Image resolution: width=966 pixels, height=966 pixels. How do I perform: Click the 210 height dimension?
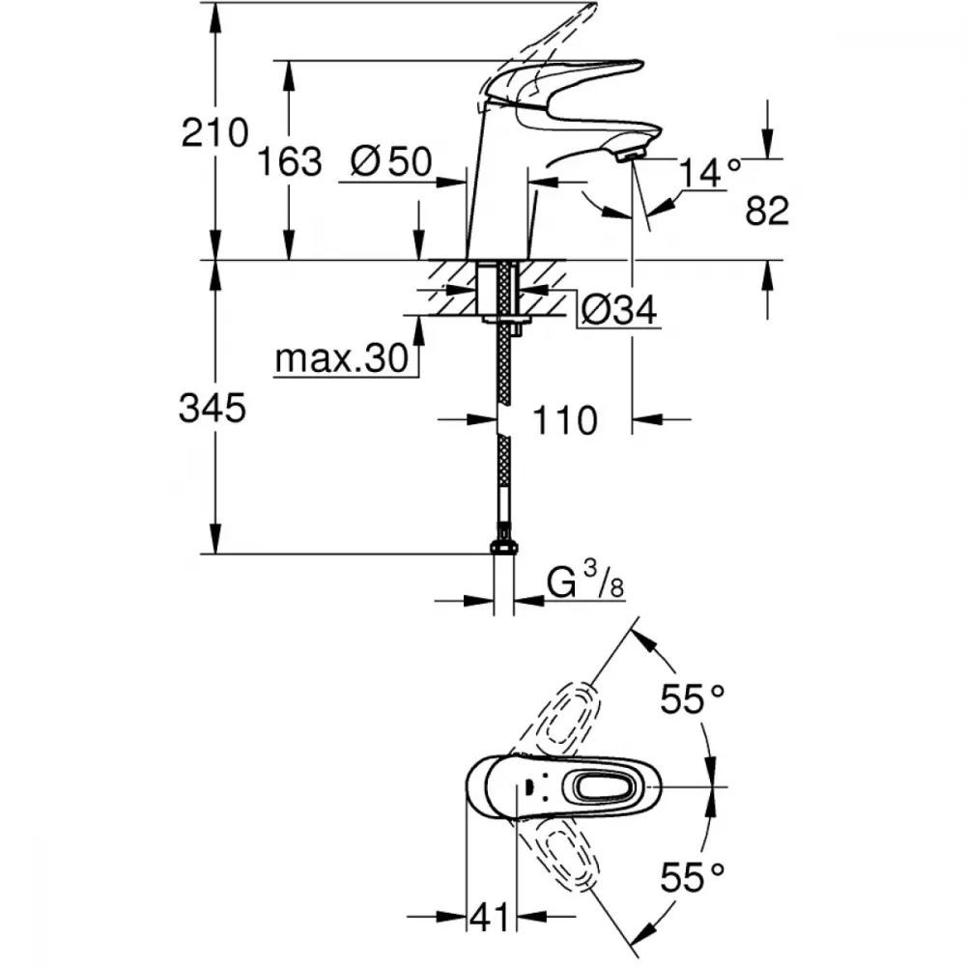(x=215, y=131)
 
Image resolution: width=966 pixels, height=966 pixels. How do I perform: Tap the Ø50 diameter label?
(x=391, y=161)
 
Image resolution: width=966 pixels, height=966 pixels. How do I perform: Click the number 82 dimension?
(x=768, y=212)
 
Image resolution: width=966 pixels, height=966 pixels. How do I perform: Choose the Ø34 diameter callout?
(x=619, y=309)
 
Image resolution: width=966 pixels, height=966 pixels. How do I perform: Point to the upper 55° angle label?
(x=693, y=698)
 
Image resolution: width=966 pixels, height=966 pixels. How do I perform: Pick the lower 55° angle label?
(x=693, y=878)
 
